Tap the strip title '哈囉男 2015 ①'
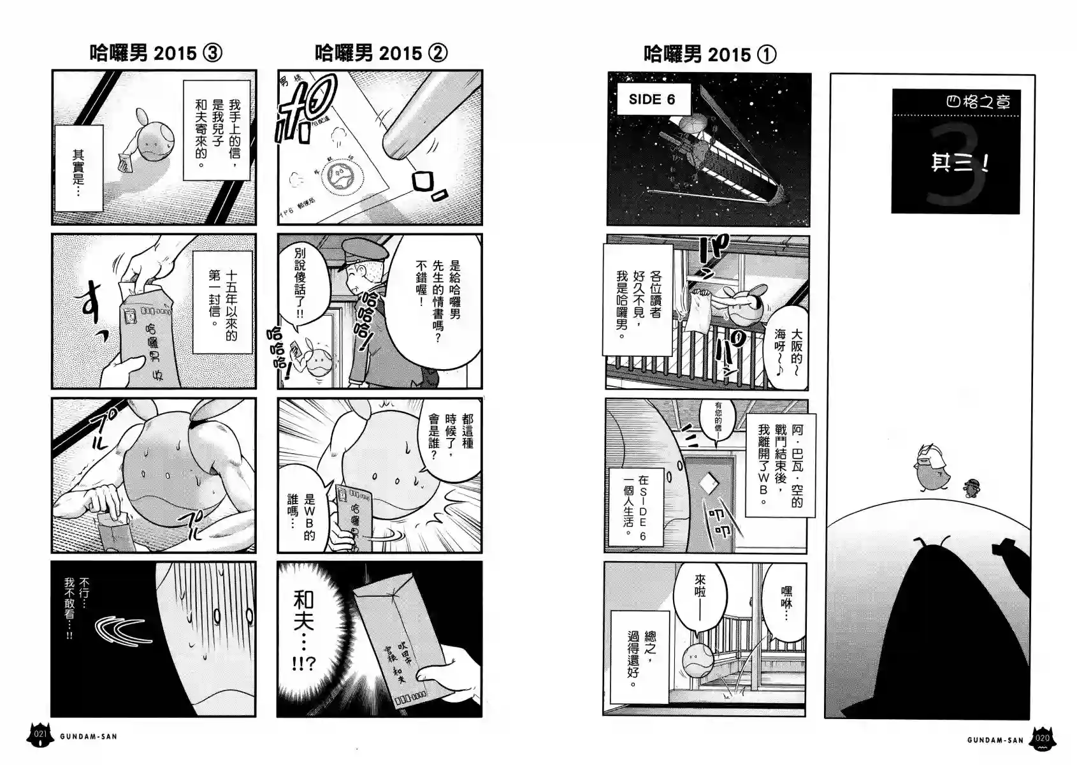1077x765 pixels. [709, 54]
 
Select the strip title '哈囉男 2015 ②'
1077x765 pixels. [380, 53]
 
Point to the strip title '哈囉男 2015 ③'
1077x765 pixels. [155, 53]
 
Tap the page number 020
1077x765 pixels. [1042, 739]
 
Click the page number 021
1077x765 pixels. [40, 735]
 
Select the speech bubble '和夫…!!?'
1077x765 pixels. [304, 628]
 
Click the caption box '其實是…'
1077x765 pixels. [78, 168]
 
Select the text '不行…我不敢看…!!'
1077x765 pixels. [77, 609]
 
